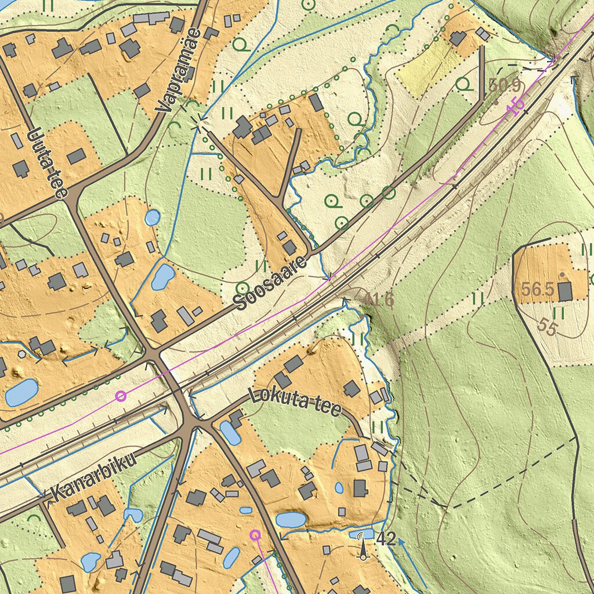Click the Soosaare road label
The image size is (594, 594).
point(270,283)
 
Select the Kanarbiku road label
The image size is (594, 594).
point(93,477)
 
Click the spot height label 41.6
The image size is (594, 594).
point(380,299)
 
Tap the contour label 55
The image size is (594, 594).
point(546,326)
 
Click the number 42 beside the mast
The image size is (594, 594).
point(386,539)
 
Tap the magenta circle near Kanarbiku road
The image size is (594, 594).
point(121,396)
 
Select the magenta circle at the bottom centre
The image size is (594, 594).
point(255,535)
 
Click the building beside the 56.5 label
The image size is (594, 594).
point(565,291)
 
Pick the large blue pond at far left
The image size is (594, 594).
point(21,392)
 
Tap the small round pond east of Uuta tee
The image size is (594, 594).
point(153,218)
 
